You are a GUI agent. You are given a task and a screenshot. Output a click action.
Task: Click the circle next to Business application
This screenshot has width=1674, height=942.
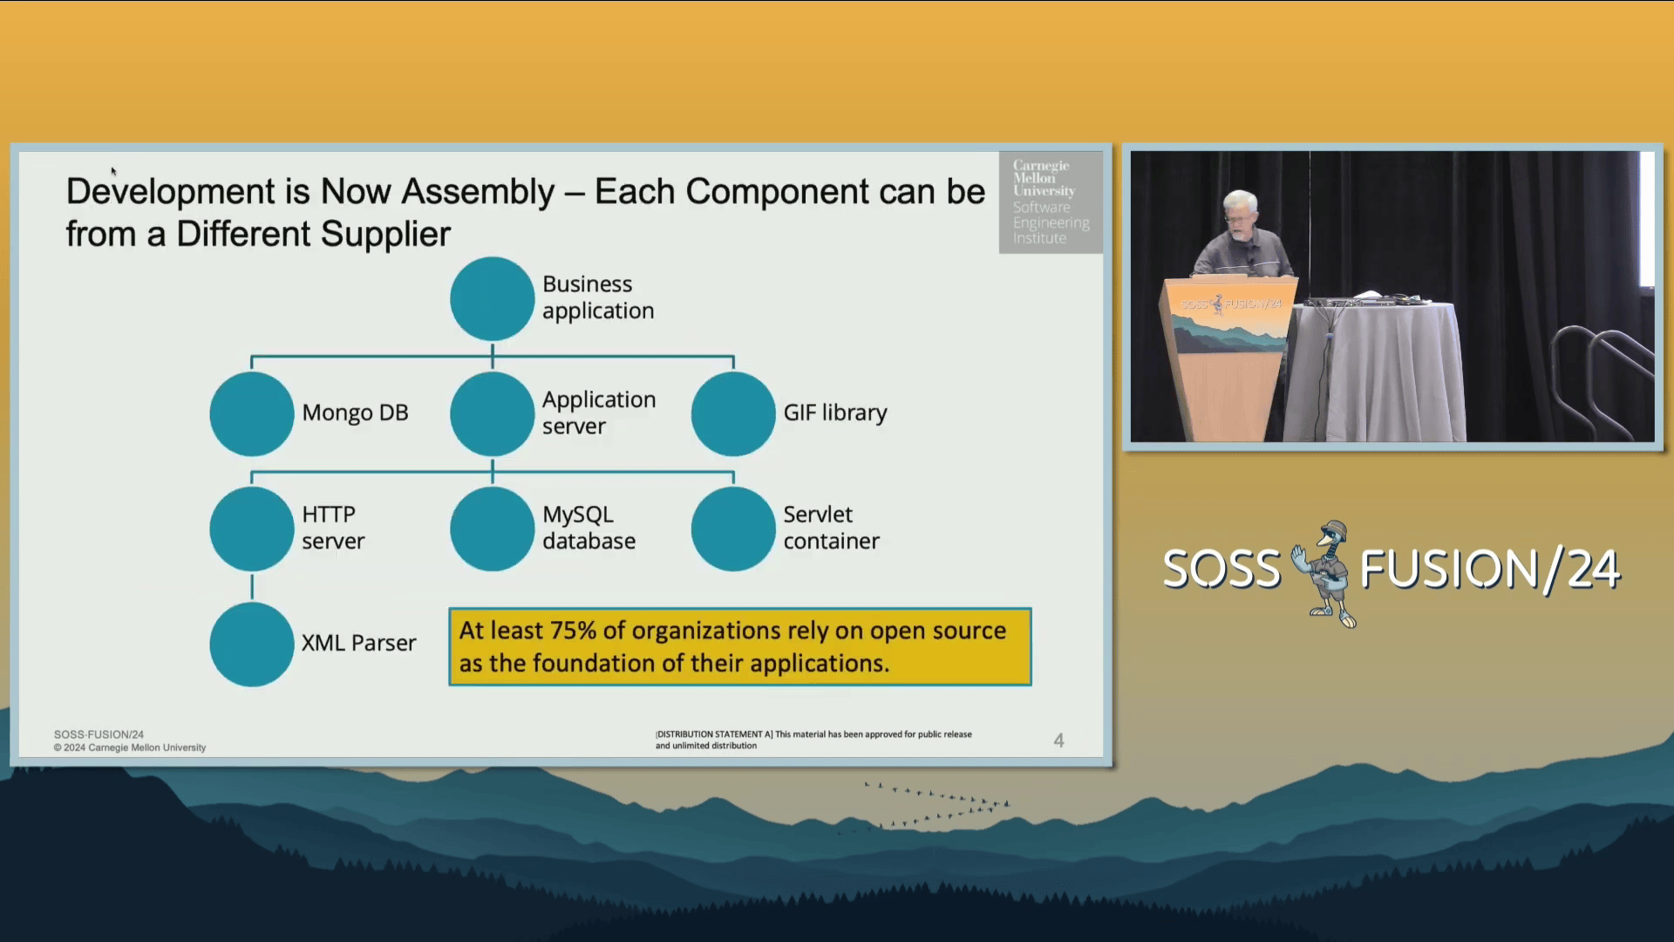point(492,298)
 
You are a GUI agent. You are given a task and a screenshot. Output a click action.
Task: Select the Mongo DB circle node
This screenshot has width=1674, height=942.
point(252,413)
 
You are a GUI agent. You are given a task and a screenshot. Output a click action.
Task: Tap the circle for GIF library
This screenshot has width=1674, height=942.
point(733,413)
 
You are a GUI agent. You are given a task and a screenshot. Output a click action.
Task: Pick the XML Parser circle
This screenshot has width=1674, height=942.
point(252,645)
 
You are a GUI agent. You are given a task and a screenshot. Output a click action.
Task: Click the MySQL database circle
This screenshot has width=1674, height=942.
point(492,529)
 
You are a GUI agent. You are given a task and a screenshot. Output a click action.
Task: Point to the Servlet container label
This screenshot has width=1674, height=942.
point(831,528)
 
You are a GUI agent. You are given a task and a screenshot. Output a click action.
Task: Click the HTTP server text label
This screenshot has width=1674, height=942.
point(333,528)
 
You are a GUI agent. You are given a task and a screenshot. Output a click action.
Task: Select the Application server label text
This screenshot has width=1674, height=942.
point(599,413)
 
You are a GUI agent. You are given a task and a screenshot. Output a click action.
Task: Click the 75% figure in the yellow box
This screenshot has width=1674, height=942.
point(573,631)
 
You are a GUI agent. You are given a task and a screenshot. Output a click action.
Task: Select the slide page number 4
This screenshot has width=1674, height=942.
point(1058,741)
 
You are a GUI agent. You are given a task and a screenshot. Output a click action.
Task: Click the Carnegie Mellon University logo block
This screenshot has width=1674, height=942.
point(1051,202)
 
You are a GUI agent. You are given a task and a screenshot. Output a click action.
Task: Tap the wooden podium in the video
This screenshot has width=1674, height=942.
point(1228,358)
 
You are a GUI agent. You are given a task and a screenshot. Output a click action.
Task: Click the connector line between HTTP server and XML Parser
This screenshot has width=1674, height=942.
point(252,586)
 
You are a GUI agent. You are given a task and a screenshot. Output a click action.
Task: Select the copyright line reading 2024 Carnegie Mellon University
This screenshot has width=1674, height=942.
point(130,747)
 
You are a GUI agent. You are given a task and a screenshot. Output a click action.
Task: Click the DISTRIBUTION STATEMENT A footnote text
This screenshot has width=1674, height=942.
point(813,740)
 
